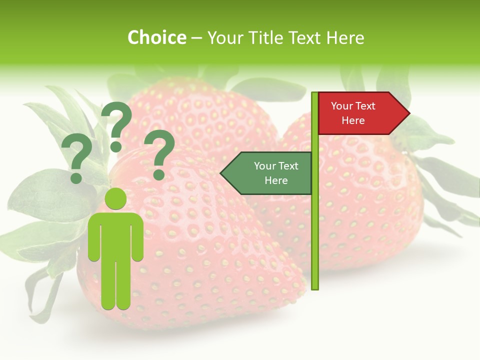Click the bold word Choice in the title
[x=156, y=37]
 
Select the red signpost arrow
[x=360, y=113]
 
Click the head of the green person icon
[x=116, y=198]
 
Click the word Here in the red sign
[x=353, y=121]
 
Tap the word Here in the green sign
[x=276, y=181]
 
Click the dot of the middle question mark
[x=116, y=146]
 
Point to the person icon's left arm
[x=94, y=237]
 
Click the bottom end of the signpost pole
[x=315, y=287]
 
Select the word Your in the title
[x=223, y=37]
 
